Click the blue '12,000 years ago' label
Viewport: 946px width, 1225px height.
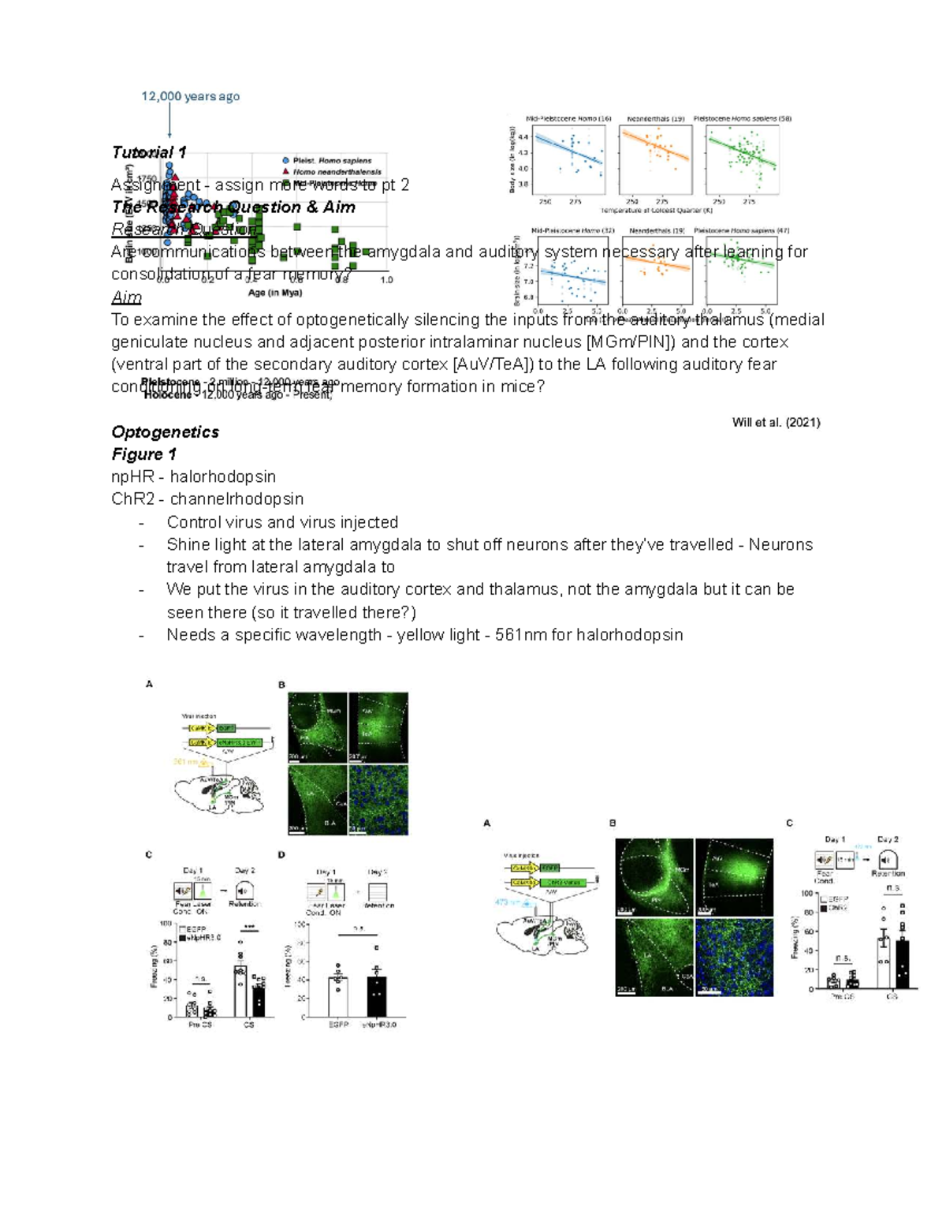pos(190,96)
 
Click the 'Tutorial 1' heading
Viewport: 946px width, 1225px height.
pos(149,152)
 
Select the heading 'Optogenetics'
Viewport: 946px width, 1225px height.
pos(166,432)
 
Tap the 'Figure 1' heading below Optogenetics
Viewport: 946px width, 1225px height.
pos(144,454)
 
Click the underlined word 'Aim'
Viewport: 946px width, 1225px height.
pos(126,297)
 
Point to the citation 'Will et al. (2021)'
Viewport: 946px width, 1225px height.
pos(776,422)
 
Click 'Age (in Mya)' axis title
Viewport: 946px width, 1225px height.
pos(275,293)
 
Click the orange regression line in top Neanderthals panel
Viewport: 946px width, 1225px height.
pos(655,146)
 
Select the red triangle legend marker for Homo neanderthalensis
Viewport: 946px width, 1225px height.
pos(285,171)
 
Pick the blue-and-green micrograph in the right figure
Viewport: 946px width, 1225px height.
pos(734,957)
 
